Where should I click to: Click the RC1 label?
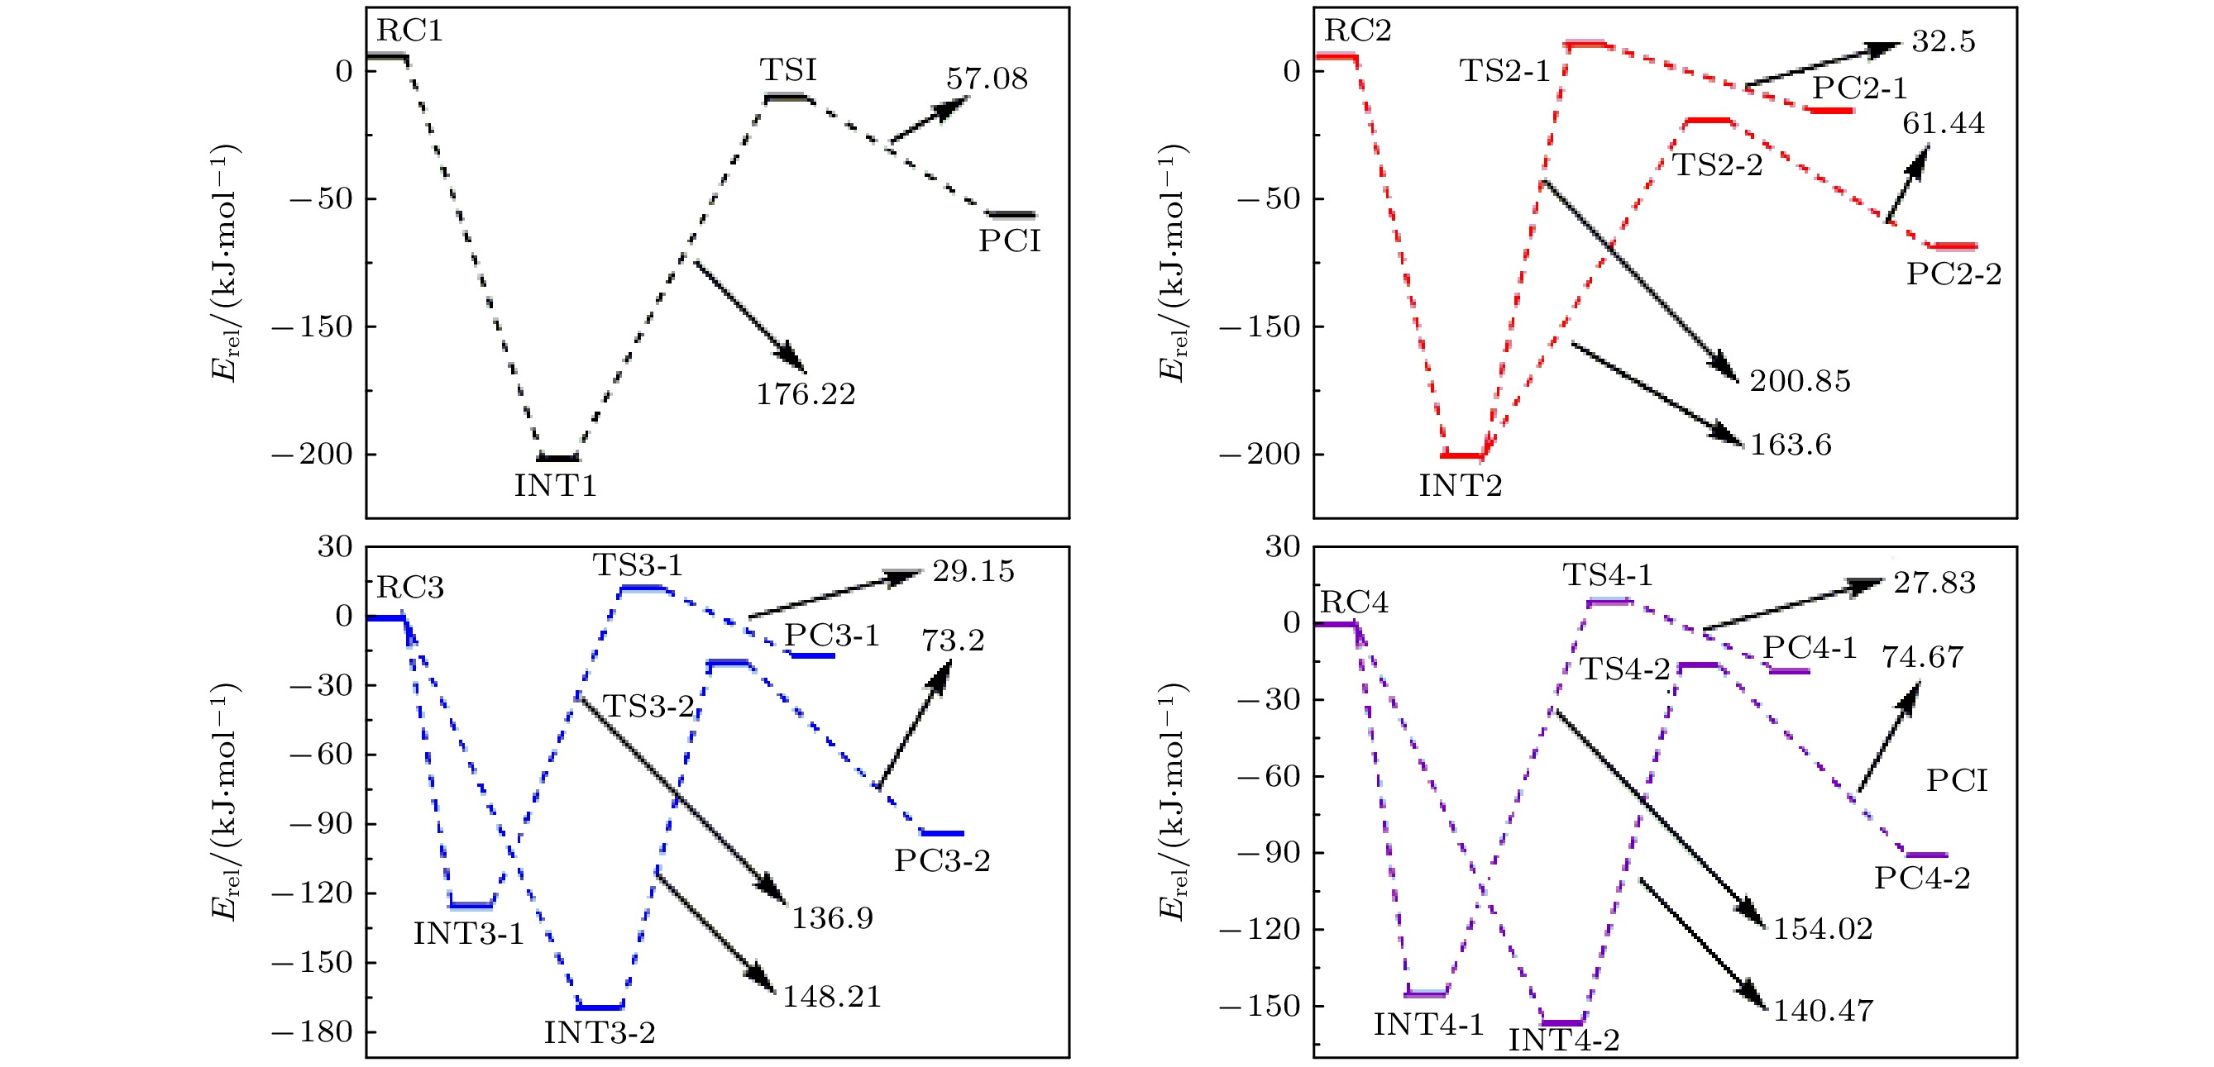(409, 31)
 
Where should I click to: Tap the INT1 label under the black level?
(555, 486)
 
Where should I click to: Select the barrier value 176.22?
(806, 394)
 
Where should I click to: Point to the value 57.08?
(987, 79)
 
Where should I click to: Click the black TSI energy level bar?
(787, 97)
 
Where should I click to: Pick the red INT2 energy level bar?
(1463, 455)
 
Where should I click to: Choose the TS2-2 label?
(1717, 165)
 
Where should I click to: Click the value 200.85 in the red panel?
(1800, 380)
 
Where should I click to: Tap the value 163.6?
(1791, 445)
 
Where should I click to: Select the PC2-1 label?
(1860, 88)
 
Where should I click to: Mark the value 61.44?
(1944, 124)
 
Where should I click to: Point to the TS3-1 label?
(638, 565)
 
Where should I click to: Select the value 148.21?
(831, 997)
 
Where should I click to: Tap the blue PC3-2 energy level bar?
(942, 833)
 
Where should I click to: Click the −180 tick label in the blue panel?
(312, 1031)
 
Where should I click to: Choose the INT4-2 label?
(1563, 1041)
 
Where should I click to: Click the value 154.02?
(1823, 929)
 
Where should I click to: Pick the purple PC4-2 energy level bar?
(1926, 855)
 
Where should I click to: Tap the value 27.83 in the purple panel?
(1934, 584)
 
